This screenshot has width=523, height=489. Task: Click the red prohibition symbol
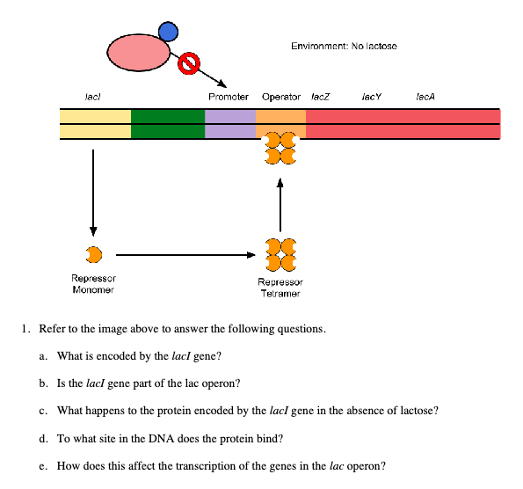coord(188,62)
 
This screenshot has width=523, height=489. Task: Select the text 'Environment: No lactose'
coord(343,46)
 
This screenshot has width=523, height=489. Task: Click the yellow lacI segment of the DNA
coord(95,124)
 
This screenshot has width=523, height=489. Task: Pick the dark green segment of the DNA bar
coord(168,124)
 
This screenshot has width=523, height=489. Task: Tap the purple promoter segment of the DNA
coord(230,124)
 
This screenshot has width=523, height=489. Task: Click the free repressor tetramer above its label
coord(280,257)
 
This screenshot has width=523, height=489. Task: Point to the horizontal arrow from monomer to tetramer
coord(185,256)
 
